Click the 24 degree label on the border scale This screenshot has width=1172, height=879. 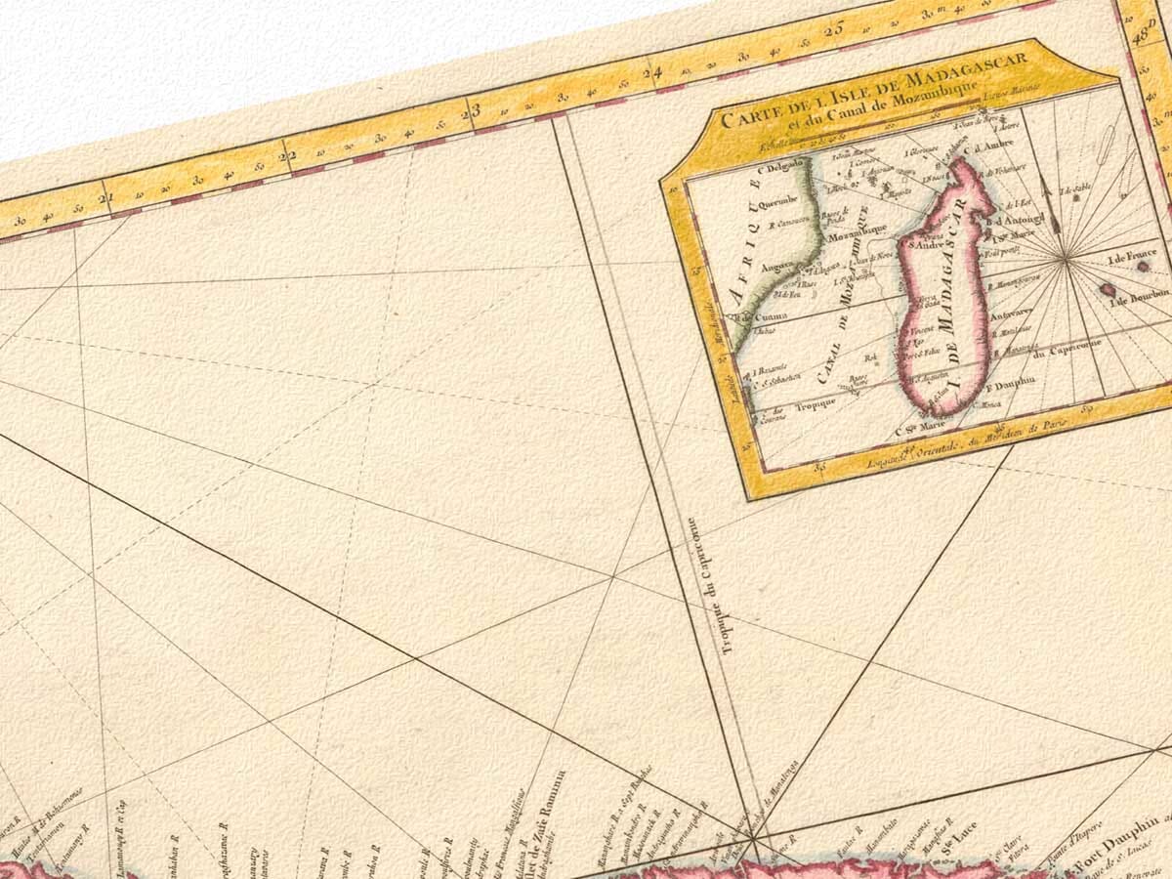(652, 71)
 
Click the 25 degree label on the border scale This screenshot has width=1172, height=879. (833, 30)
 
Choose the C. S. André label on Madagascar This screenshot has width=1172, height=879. (926, 245)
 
